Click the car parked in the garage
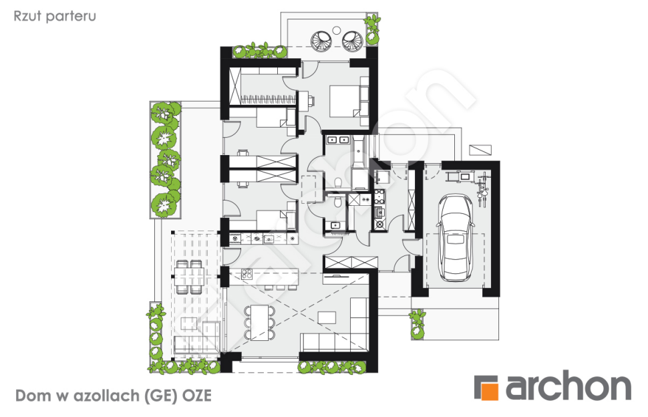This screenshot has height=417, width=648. [455, 238]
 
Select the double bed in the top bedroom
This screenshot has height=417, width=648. [345, 102]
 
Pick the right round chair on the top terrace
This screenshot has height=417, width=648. [353, 41]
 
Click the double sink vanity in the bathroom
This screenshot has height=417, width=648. [337, 140]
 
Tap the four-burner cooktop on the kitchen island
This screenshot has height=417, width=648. [247, 273]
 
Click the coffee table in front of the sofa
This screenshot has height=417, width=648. [327, 317]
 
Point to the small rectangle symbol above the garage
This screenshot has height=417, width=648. [480, 150]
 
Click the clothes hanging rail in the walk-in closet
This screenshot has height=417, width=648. [268, 99]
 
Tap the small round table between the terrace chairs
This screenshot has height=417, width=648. [337, 30]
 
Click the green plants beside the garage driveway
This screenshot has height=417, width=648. [418, 323]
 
